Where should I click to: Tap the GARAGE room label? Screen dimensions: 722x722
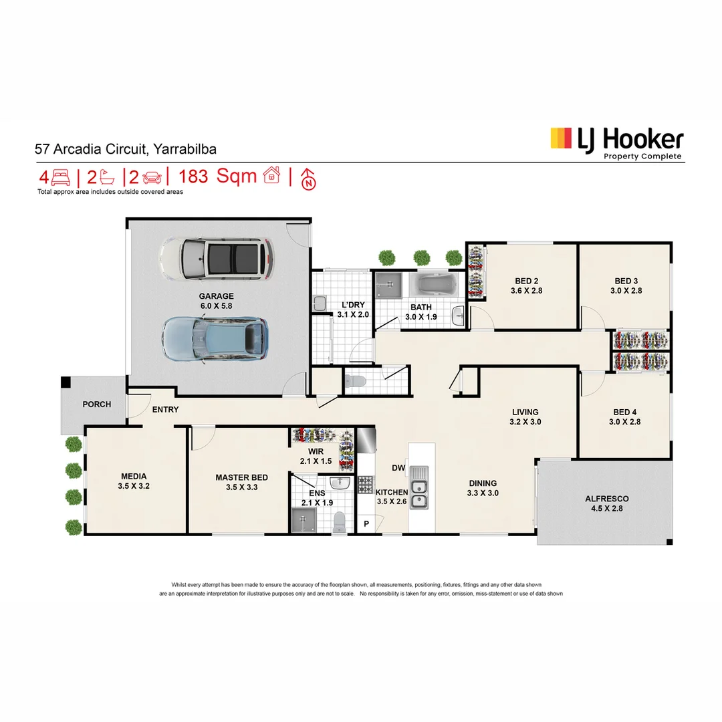(216, 296)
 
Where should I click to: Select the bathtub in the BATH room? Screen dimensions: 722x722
(433, 285)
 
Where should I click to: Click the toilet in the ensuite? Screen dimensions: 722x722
(340, 520)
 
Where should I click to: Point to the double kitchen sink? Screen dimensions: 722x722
(419, 487)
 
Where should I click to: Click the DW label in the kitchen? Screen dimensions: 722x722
(398, 469)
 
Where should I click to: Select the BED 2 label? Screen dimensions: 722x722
(527, 281)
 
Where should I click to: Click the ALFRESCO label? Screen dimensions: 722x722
(606, 499)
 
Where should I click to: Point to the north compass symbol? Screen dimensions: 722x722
(308, 178)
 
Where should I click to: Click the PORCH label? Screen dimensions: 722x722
(96, 404)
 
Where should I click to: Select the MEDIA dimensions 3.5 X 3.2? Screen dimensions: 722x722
(134, 487)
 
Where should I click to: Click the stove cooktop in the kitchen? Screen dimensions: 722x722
(365, 484)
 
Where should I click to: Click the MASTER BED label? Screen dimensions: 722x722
(241, 477)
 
